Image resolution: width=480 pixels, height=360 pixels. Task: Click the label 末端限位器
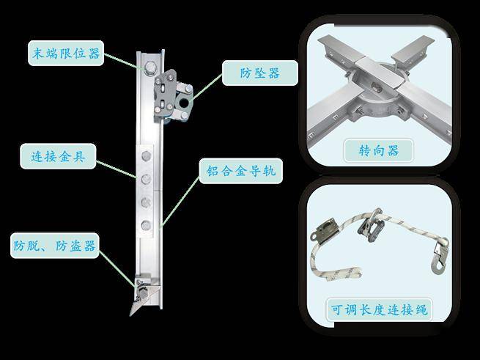tap(66, 53)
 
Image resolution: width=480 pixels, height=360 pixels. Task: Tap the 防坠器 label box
tap(260, 73)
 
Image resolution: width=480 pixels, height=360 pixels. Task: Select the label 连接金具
tap(58, 156)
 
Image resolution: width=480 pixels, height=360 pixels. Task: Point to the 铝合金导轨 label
tap(240, 171)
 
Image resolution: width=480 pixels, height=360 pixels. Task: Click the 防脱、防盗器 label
tap(54, 246)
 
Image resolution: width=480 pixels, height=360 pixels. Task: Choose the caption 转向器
tap(379, 150)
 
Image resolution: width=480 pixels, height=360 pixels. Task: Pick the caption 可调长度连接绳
tap(379, 309)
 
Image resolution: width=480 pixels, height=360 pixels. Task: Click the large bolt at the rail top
tap(150, 68)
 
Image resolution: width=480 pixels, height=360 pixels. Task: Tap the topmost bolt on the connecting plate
tap(147, 156)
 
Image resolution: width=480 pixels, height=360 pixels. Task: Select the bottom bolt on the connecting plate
tap(146, 226)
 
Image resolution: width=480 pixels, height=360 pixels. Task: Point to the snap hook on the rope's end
tap(439, 256)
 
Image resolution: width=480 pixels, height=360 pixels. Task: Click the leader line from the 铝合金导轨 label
tap(180, 202)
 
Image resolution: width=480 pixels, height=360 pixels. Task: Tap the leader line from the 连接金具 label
tap(116, 169)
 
